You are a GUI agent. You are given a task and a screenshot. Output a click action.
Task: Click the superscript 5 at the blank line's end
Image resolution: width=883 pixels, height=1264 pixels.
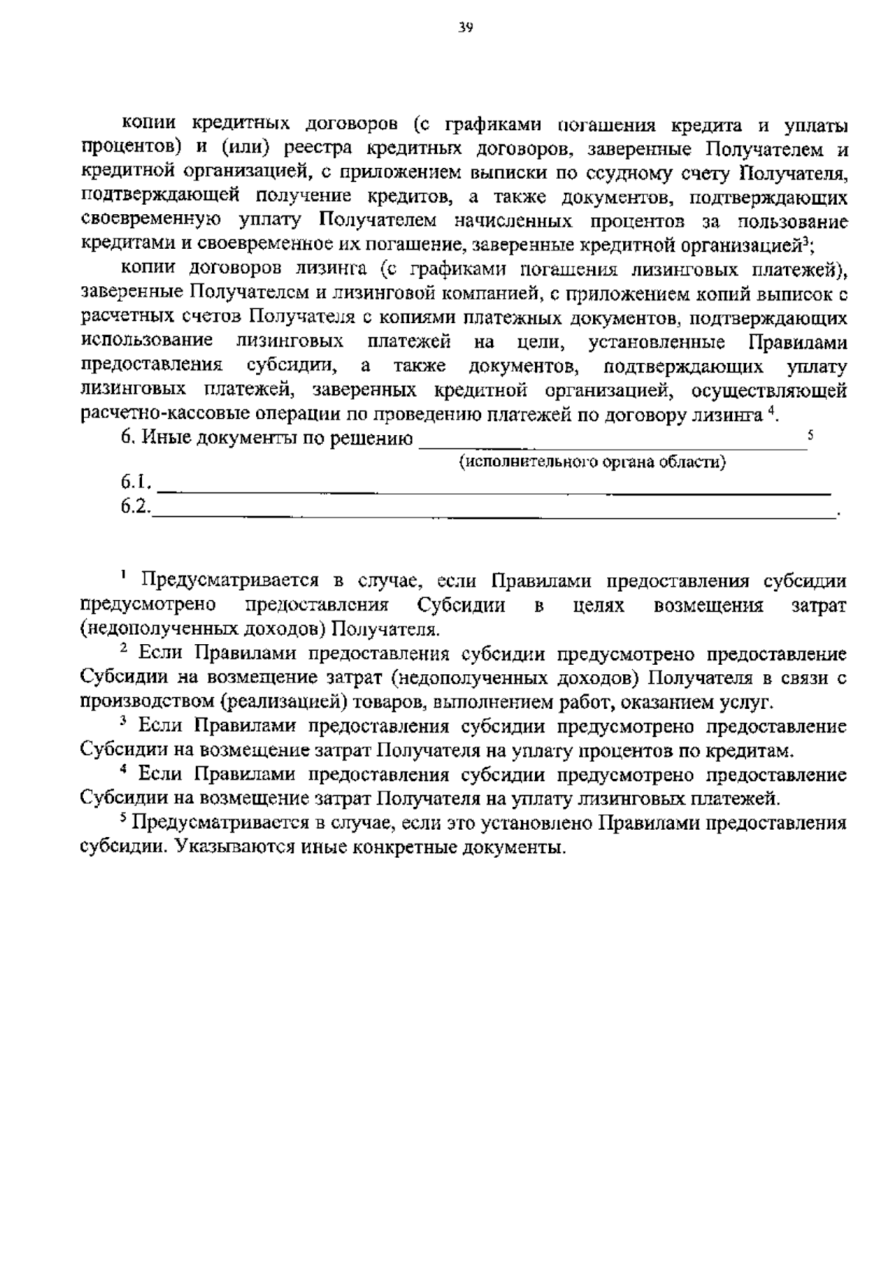click(x=810, y=435)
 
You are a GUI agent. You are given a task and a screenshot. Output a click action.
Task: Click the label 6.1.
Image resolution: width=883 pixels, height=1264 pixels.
click(x=137, y=484)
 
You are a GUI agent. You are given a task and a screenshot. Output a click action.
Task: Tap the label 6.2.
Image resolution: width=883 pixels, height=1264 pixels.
click(x=136, y=507)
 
